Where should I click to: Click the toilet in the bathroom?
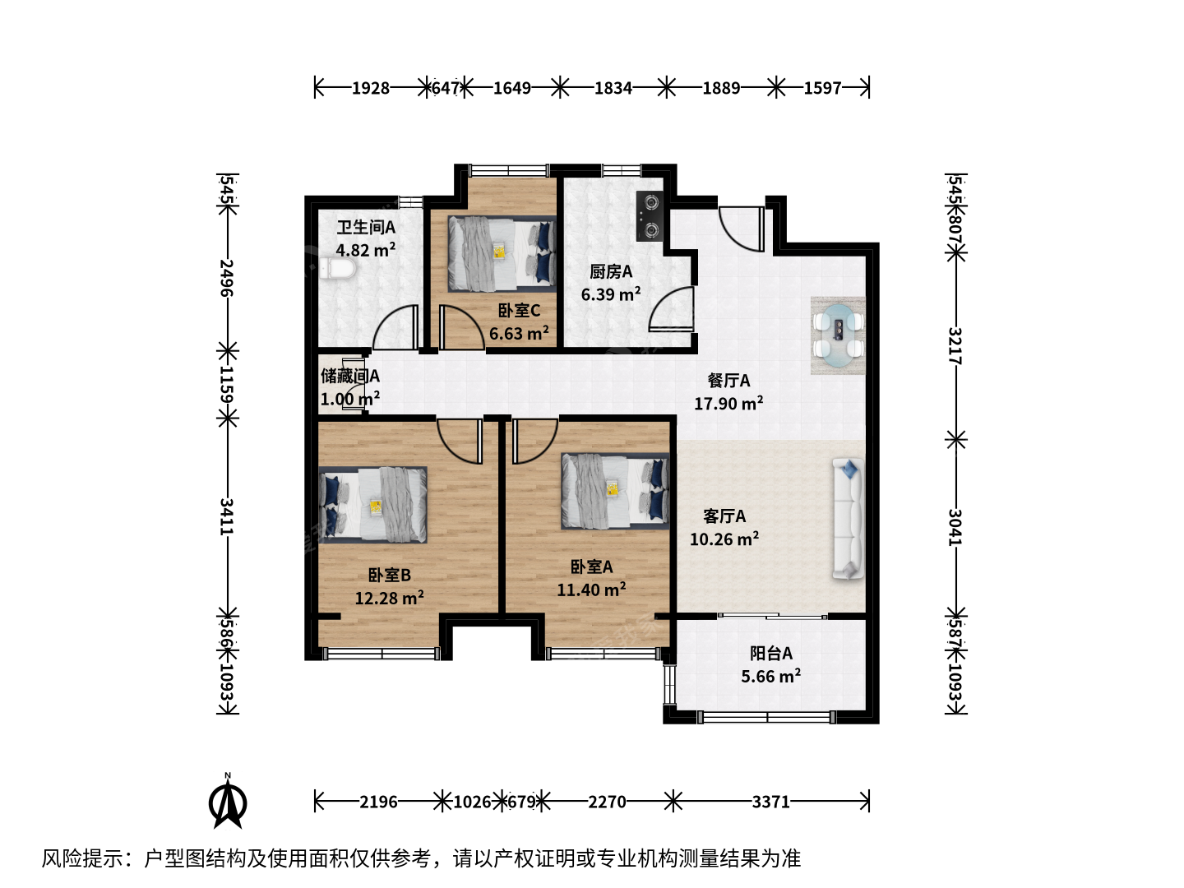[337, 269]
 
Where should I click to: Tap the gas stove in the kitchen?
[650, 215]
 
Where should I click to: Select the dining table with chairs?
[838, 335]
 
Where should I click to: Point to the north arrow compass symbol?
[228, 802]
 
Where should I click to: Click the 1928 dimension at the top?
[371, 88]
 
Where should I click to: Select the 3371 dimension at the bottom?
[770, 802]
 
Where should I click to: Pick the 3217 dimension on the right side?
[955, 345]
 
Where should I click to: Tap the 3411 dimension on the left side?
[227, 516]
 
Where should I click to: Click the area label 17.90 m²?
[728, 403]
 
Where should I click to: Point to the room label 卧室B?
[390, 576]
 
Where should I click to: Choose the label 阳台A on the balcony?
[770, 654]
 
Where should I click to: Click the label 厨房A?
[611, 271]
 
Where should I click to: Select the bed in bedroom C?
[502, 254]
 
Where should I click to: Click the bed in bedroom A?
[615, 491]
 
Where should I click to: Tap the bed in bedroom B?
[372, 505]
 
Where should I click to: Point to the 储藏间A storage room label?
[350, 376]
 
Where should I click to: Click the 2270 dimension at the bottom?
[607, 802]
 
